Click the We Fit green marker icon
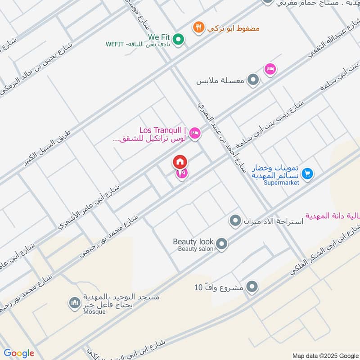pyautogui.click(x=179, y=40)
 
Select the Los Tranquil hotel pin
pyautogui.click(x=195, y=133)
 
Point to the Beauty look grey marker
pyautogui.click(x=221, y=244)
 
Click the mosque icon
pyautogui.click(x=74, y=303)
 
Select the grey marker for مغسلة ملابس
pyautogui.click(x=254, y=81)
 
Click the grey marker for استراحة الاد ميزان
pyautogui.click(x=234, y=221)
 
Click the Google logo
pyautogui.click(x=19, y=353)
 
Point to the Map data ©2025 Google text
pyautogui.click(x=325, y=355)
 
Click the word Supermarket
pyautogui.click(x=281, y=183)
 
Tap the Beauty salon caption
pyautogui.click(x=196, y=249)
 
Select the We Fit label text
pyautogui.click(x=157, y=36)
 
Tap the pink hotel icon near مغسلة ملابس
pyautogui.click(x=270, y=69)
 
